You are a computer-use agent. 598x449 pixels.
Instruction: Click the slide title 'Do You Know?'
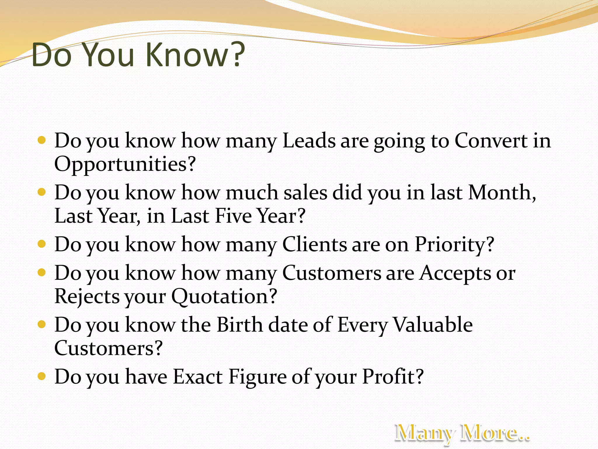pos(138,55)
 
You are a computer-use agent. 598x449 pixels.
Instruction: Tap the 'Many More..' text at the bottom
pos(462,433)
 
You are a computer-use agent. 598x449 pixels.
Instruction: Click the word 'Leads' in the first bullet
pos(309,141)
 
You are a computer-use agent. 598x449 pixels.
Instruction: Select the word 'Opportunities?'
pos(125,164)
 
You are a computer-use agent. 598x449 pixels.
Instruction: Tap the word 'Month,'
pos(502,193)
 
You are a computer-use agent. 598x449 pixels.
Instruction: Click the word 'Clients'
pos(314,244)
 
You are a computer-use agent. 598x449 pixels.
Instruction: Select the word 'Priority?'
pos(454,244)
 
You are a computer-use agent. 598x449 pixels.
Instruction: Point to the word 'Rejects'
pos(87,296)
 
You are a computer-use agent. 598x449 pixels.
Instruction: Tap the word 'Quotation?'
pos(224,296)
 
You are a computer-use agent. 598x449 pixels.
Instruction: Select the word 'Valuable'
pos(433,325)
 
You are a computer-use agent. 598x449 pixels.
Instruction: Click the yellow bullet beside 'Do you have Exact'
pos(42,376)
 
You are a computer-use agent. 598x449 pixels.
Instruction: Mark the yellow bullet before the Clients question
pos(42,244)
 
